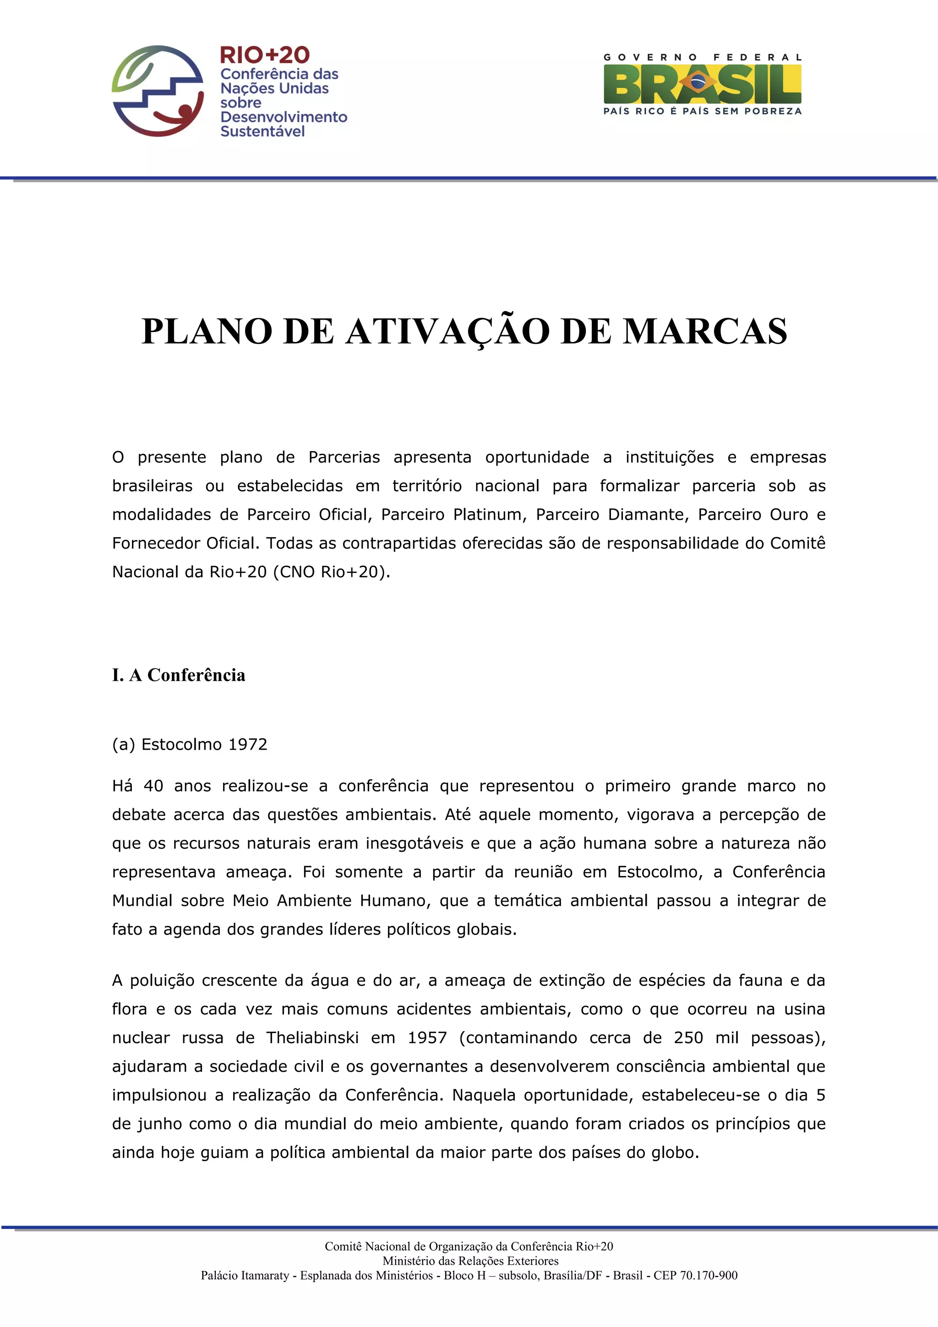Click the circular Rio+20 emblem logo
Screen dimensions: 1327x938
click(157, 91)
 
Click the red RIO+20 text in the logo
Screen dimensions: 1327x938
click(265, 55)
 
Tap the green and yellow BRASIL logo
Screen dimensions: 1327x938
click(702, 84)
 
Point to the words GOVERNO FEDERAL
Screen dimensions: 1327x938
click(702, 57)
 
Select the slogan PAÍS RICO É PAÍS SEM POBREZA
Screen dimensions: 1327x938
click(702, 111)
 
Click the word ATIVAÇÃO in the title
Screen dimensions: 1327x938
click(447, 332)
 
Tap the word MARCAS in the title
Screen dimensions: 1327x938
click(704, 332)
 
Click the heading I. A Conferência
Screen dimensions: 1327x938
click(179, 675)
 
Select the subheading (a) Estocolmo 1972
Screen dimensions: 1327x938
click(190, 745)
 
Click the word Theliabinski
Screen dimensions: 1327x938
click(312, 1038)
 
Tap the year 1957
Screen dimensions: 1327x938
click(427, 1038)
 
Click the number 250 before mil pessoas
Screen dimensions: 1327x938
click(688, 1038)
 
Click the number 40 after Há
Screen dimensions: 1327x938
click(153, 786)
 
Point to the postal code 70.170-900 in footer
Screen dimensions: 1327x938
click(709, 1276)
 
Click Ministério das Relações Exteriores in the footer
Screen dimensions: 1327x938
click(470, 1261)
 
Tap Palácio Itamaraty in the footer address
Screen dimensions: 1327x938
click(245, 1276)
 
